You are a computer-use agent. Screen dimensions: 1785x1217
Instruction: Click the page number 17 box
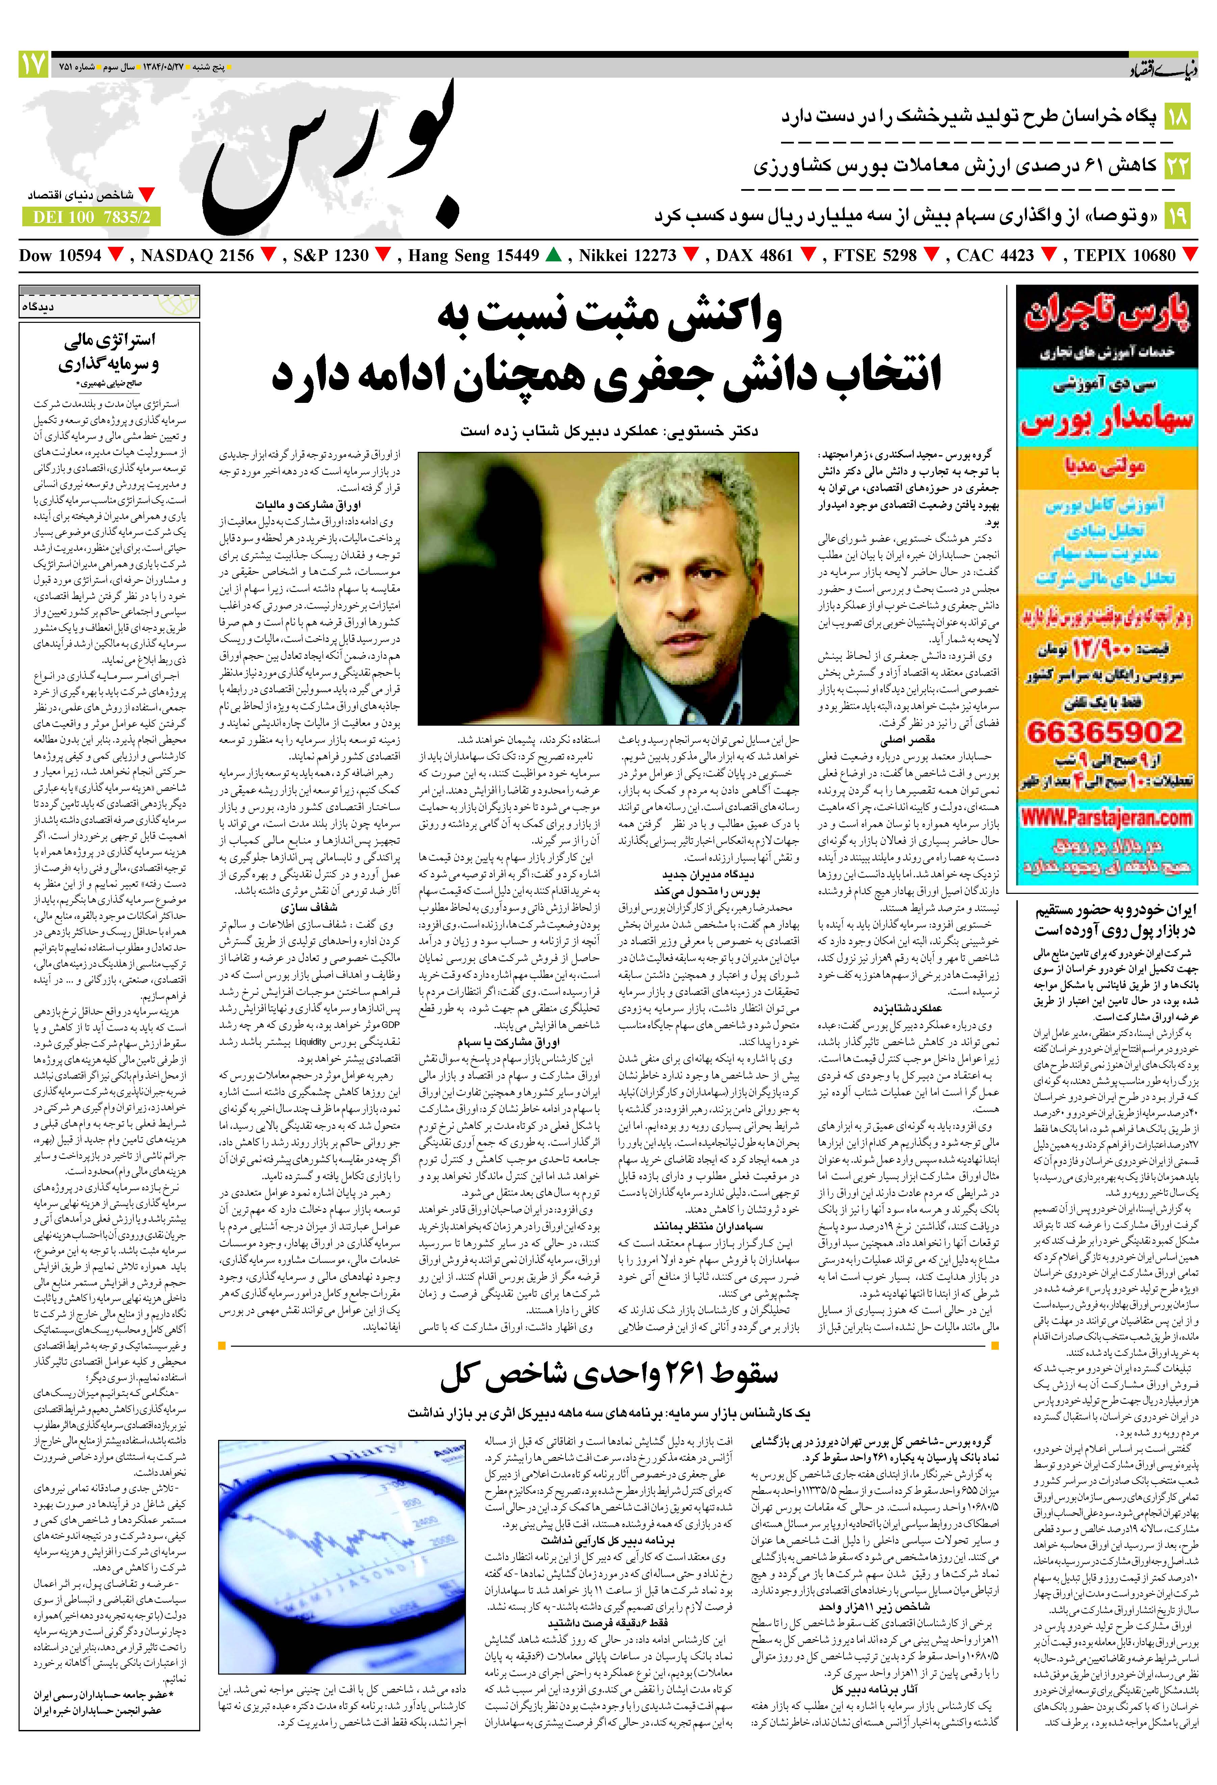tap(33, 64)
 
